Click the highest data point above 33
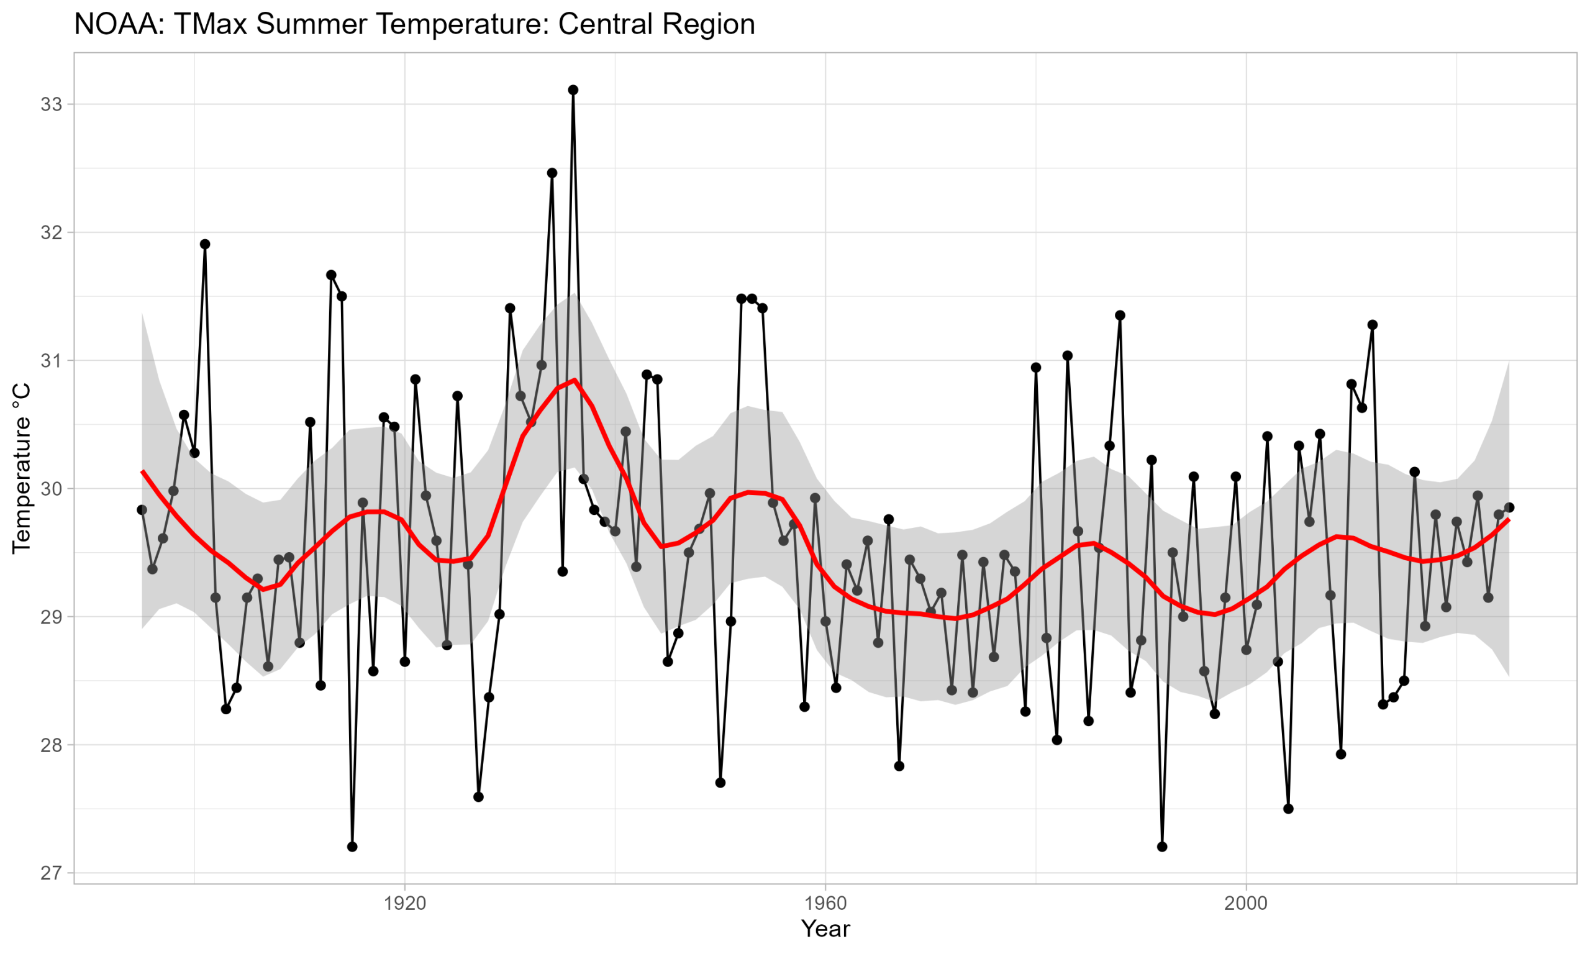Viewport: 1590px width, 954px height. tap(573, 90)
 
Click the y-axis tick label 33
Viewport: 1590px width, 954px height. tap(51, 105)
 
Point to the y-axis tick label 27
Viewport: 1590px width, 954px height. tap(51, 873)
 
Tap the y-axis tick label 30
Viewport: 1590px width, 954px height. tap(51, 489)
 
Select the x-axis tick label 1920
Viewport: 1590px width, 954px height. tap(405, 903)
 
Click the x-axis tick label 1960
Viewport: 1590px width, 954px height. tap(825, 903)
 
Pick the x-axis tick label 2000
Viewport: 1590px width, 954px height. tap(1246, 903)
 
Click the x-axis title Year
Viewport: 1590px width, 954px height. tap(825, 929)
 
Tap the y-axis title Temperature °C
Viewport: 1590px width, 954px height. tap(22, 468)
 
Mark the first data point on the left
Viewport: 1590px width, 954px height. tap(142, 510)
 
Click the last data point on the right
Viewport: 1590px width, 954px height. tap(1509, 507)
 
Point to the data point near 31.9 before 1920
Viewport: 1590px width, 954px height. tap(205, 244)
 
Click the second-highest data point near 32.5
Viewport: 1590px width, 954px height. tap(552, 173)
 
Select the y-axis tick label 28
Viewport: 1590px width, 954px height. tap(51, 745)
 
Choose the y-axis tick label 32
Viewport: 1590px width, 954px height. tap(51, 233)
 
